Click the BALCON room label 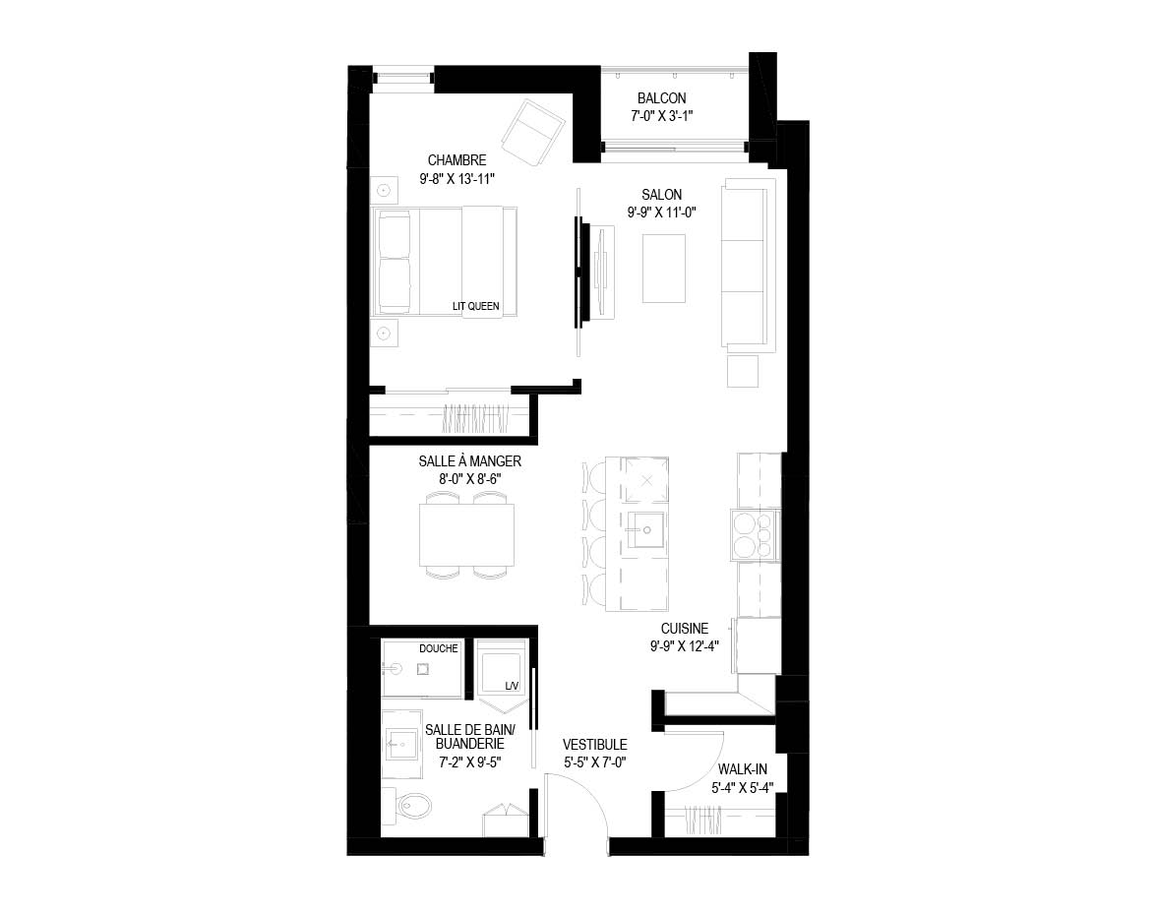click(x=661, y=98)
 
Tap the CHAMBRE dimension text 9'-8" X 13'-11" click(x=456, y=178)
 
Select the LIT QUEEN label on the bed click(x=475, y=306)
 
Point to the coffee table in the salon click(x=663, y=269)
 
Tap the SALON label click(x=661, y=195)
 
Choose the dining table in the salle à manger click(x=466, y=534)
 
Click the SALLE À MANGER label click(x=469, y=461)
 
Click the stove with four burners click(x=755, y=535)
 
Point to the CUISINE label click(x=684, y=629)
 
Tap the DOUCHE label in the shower click(x=439, y=648)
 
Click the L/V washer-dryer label click(x=512, y=686)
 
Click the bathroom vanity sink click(x=401, y=745)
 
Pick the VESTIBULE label click(x=595, y=745)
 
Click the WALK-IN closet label click(x=742, y=769)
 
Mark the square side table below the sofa click(x=743, y=372)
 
